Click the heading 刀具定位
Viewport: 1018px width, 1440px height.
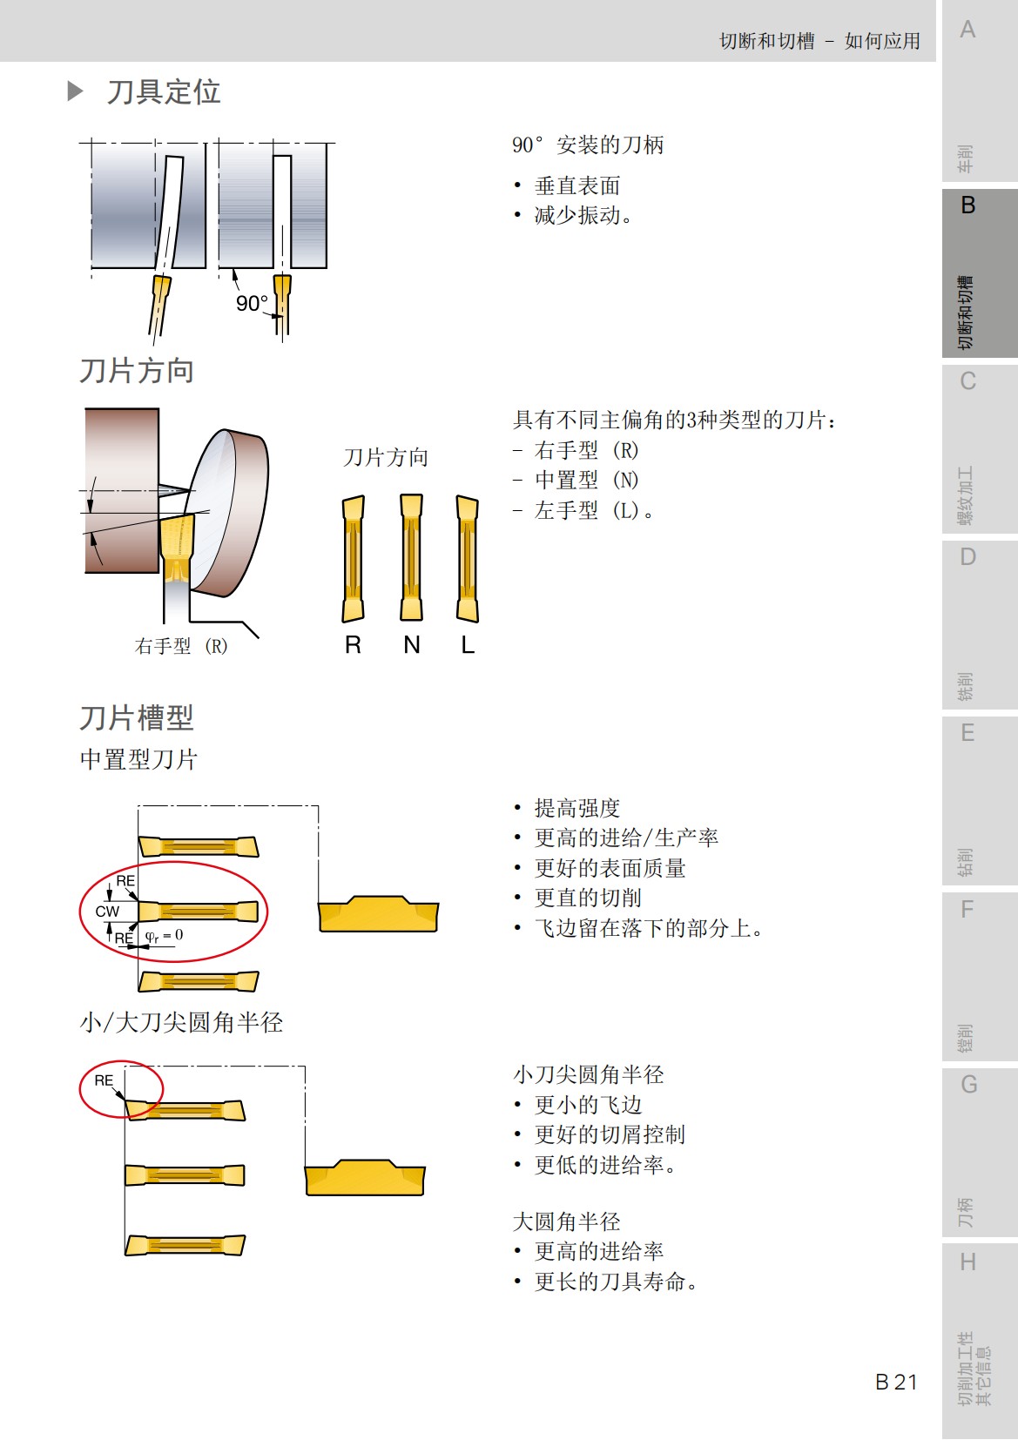click(x=163, y=91)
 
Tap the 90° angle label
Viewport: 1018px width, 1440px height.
click(x=252, y=303)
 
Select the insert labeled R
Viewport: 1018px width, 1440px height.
click(x=353, y=558)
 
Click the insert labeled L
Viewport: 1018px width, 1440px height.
click(x=468, y=558)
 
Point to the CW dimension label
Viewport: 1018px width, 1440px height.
click(x=107, y=912)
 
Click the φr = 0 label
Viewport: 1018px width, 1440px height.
click(x=164, y=936)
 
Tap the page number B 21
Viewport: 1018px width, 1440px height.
click(x=895, y=1382)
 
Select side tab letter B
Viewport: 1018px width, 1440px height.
click(x=967, y=205)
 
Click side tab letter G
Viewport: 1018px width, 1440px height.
click(x=968, y=1085)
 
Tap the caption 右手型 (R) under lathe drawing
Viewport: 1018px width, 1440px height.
click(x=181, y=646)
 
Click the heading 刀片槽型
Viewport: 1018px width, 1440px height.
click(x=137, y=717)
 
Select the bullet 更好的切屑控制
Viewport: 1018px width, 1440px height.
click(x=609, y=1134)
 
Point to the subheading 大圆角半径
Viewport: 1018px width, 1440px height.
click(x=566, y=1221)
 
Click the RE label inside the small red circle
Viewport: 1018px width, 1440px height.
click(x=104, y=1080)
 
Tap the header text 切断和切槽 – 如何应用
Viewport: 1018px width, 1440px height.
click(x=819, y=41)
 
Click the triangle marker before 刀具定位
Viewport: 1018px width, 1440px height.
click(x=76, y=91)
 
